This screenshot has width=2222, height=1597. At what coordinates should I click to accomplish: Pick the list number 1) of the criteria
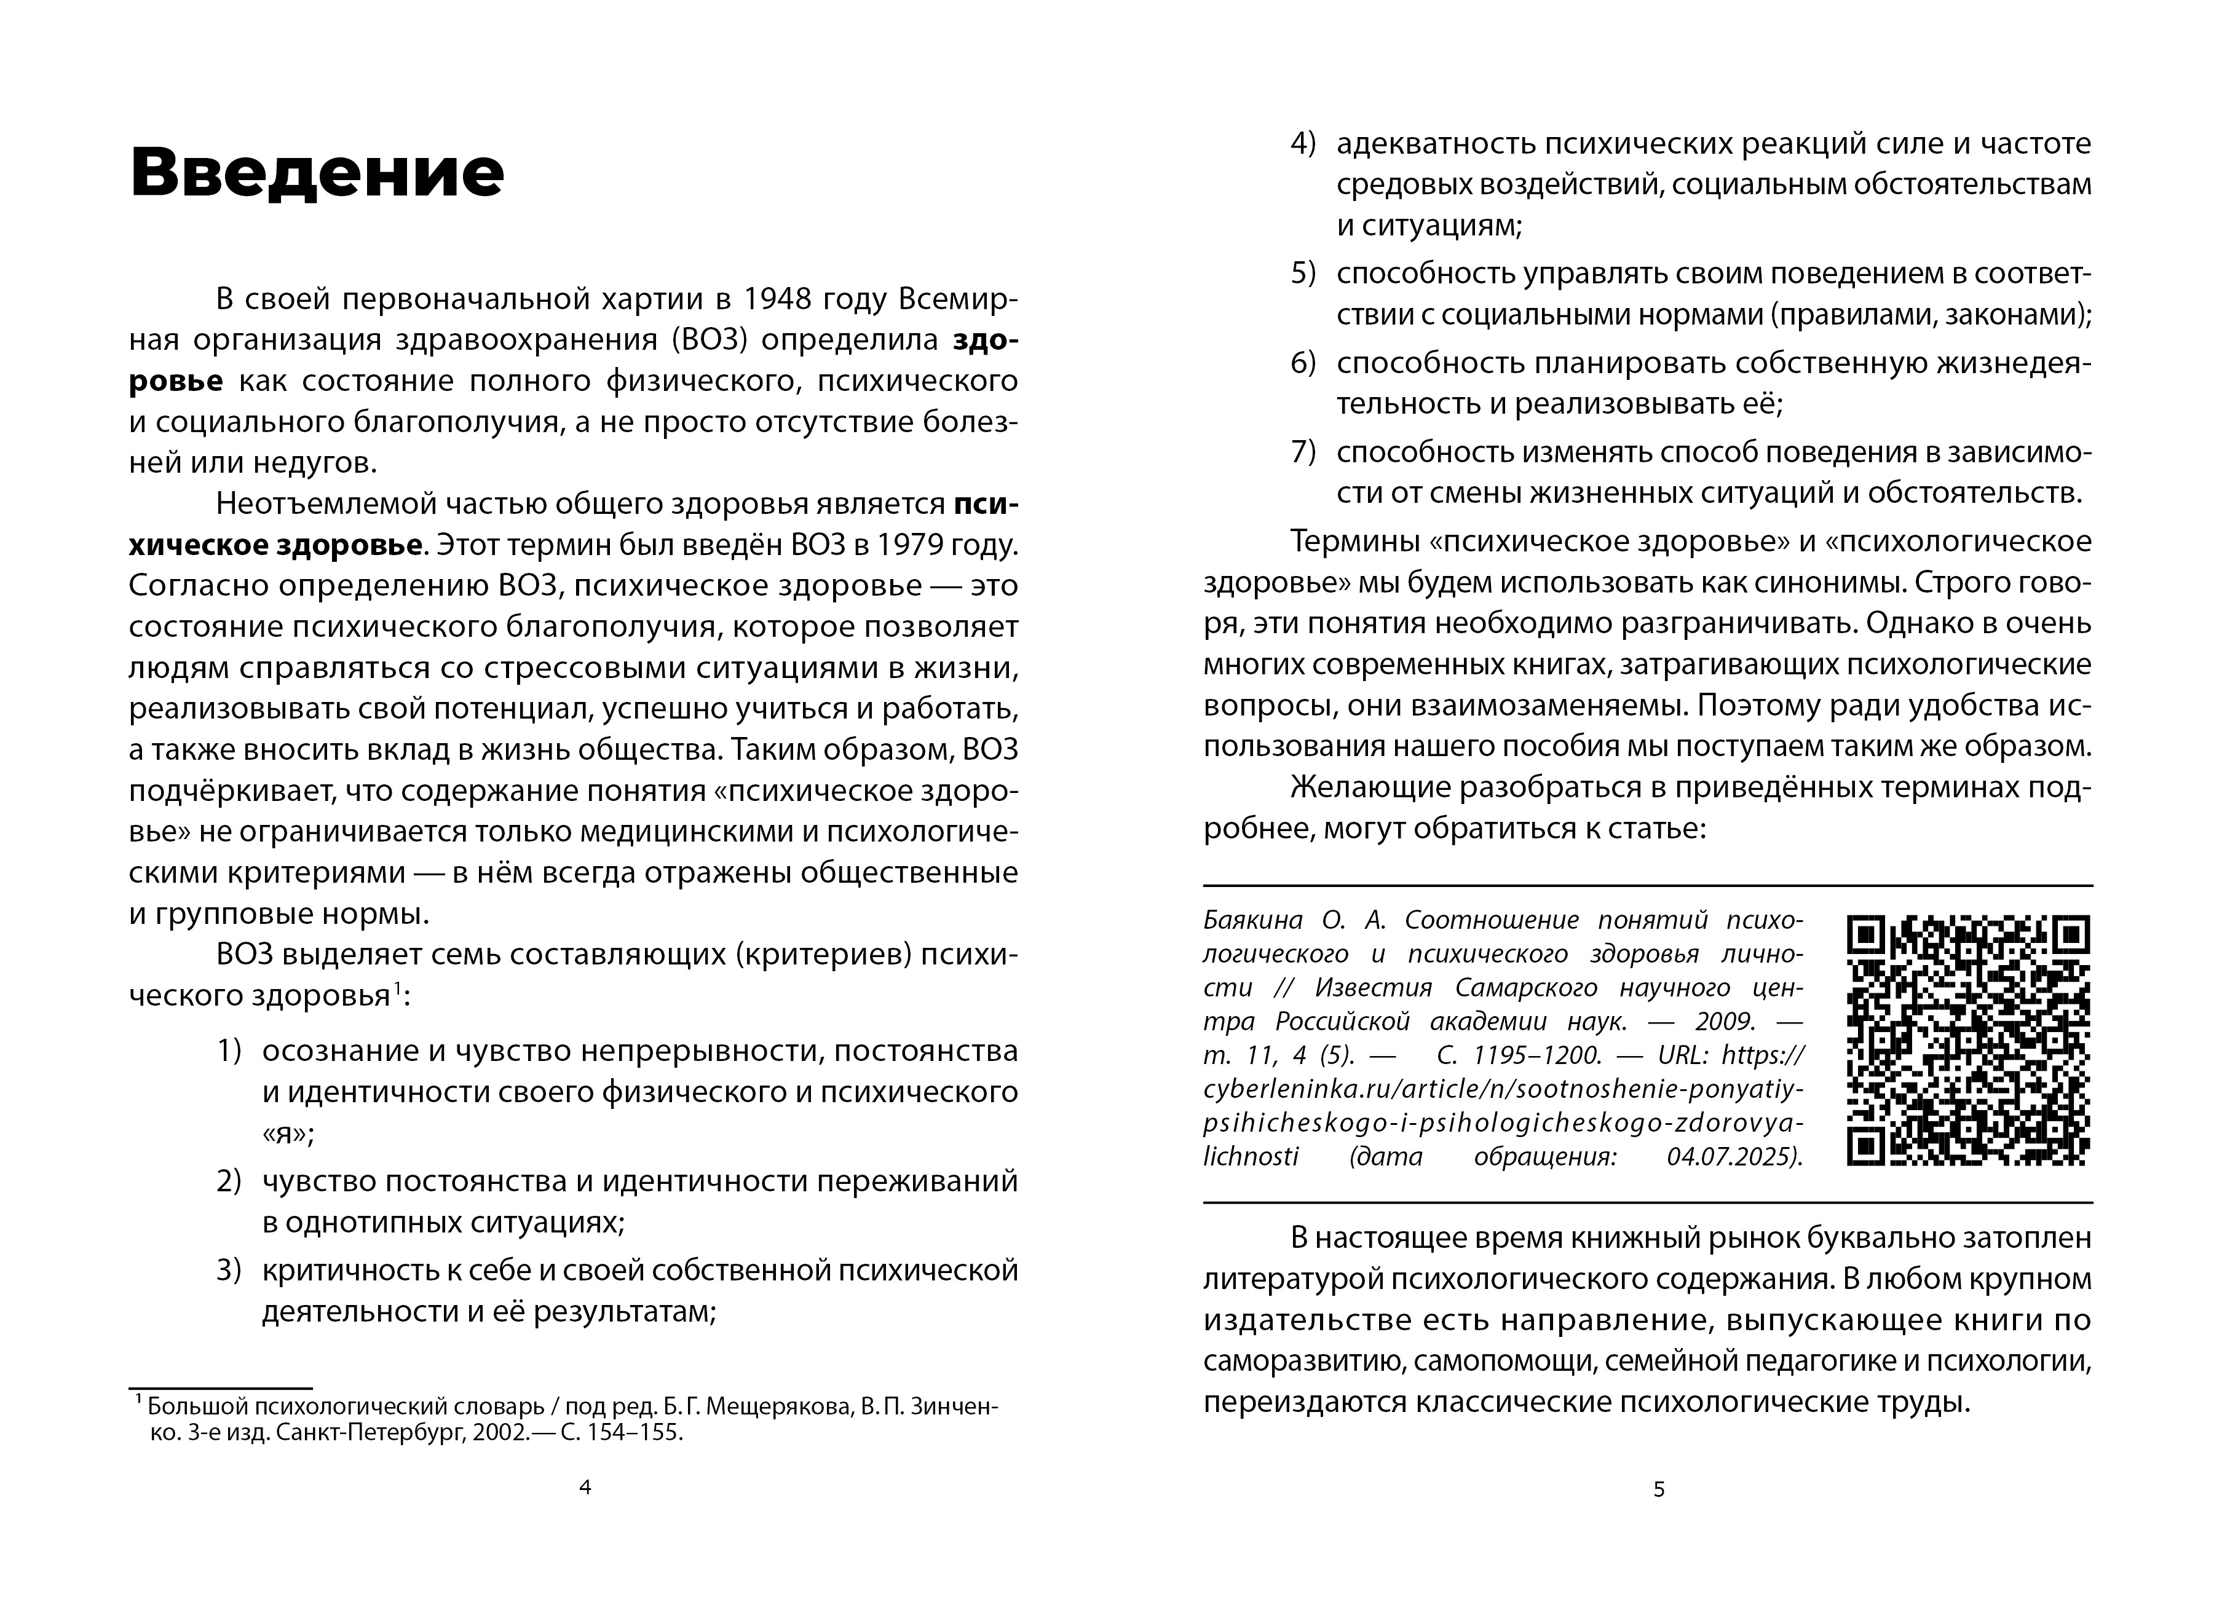[228, 1051]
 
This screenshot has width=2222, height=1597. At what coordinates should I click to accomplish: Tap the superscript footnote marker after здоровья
[396, 992]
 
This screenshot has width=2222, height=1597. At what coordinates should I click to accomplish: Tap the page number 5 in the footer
[1659, 1490]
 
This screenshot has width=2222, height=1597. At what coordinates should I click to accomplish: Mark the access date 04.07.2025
[1733, 1157]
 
